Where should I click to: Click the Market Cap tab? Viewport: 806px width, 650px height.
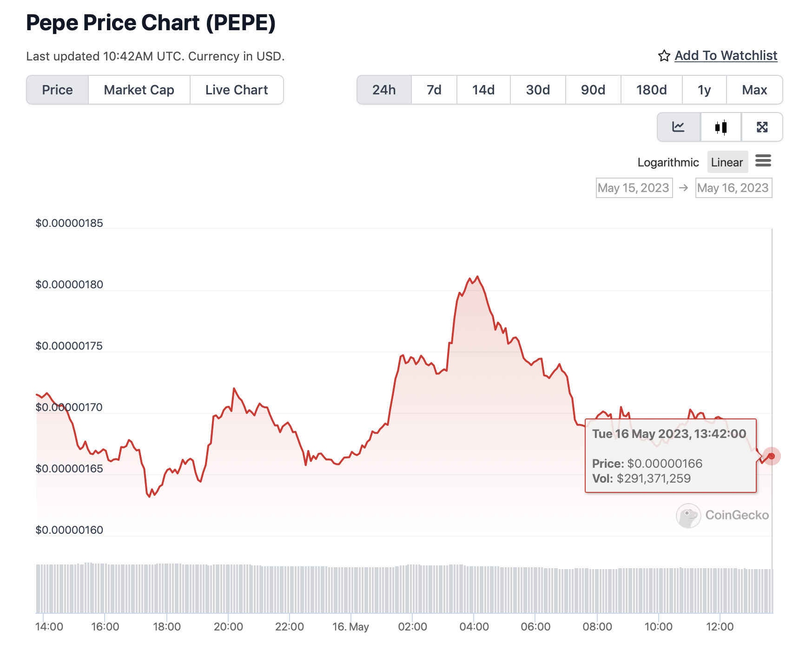point(139,90)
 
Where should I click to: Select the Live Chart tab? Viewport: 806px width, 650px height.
point(237,90)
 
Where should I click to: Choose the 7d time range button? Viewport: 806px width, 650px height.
point(434,90)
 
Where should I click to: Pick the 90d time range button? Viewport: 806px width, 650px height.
point(593,90)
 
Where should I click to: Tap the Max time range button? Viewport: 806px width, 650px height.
point(754,90)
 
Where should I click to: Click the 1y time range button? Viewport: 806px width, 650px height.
point(704,90)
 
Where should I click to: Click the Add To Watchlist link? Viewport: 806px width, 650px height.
point(726,56)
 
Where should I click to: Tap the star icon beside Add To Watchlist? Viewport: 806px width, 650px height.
point(664,56)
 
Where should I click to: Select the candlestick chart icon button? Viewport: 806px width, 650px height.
point(720,127)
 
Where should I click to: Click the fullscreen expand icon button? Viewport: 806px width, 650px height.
point(762,127)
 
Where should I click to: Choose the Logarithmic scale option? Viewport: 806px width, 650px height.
point(668,162)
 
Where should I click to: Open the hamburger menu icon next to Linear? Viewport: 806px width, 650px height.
point(763,161)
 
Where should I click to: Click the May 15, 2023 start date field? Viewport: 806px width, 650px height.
point(634,188)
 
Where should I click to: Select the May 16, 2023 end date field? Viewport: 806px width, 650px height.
point(733,188)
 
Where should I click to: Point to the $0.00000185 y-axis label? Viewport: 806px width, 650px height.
point(69,223)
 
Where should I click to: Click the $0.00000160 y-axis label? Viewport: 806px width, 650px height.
point(69,530)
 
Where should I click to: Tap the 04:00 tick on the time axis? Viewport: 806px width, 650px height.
point(474,627)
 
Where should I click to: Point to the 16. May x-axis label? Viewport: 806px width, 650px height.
point(350,627)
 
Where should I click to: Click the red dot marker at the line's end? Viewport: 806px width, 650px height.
point(771,456)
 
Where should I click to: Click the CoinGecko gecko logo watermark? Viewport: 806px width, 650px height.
point(688,515)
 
